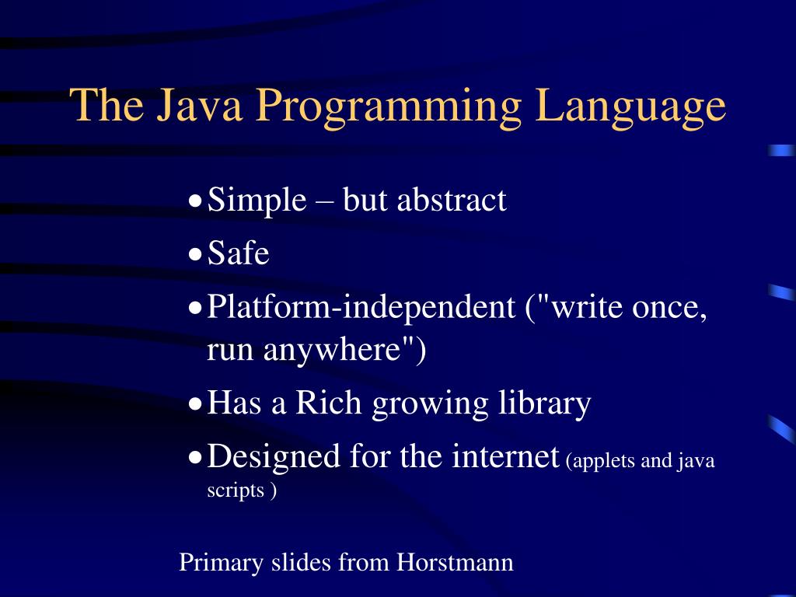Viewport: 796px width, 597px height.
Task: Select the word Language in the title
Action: [x=630, y=106]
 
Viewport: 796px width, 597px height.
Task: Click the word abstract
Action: [x=452, y=201]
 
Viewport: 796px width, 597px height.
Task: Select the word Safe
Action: [x=239, y=253]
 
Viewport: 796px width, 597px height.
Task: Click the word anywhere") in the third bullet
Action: [x=344, y=351]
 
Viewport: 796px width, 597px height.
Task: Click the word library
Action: [x=543, y=403]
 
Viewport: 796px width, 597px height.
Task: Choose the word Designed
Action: [x=274, y=456]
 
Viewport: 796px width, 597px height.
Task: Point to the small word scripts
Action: [x=236, y=491]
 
